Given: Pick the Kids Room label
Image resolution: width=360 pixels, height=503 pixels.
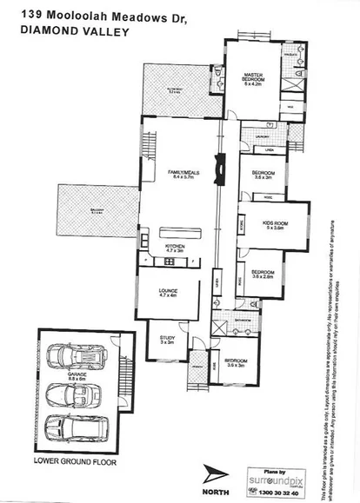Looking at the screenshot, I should coord(274,224).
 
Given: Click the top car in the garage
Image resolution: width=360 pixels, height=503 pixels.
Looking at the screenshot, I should coord(75,357).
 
